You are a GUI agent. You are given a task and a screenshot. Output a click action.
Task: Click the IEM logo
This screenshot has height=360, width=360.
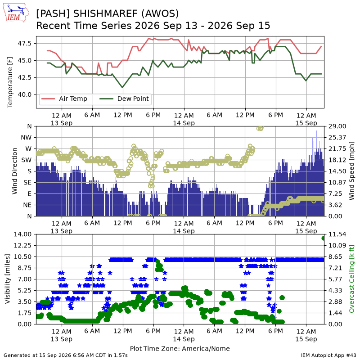16,13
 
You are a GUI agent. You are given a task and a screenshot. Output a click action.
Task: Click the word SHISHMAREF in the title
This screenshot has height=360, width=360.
105,13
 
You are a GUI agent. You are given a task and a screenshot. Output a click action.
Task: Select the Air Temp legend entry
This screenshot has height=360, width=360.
64,99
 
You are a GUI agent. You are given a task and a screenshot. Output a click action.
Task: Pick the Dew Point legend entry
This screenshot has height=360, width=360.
124,99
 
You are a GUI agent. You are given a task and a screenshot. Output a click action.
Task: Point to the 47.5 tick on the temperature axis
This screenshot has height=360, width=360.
25,43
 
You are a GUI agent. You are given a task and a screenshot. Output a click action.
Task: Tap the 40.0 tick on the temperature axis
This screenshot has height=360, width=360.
25,94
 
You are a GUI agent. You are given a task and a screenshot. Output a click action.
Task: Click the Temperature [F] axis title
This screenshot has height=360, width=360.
10,82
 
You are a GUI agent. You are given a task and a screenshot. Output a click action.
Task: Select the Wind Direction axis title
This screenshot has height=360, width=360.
15,171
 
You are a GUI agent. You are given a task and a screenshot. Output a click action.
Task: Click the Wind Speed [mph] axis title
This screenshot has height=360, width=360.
351,171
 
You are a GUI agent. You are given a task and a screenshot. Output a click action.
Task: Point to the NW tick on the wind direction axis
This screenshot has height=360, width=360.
26,138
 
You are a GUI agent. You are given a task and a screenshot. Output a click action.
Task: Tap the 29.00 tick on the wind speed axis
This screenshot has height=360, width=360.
337,126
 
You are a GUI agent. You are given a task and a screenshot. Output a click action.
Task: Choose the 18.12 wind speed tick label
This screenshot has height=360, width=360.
337,160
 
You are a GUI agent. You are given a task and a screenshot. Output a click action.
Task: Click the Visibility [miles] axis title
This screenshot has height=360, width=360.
8,279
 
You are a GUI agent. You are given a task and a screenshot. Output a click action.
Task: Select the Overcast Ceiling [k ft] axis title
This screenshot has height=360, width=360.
351,279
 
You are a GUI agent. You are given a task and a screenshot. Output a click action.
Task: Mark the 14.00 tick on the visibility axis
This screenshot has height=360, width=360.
23,234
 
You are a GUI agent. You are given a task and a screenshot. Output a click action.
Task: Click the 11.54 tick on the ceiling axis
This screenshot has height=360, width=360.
337,234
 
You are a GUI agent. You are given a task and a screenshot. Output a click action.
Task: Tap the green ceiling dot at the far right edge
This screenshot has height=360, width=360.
324,238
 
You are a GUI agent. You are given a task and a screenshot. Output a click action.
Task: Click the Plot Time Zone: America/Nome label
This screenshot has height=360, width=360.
180,348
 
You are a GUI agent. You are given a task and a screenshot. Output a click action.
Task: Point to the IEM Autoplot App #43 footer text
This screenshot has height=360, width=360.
328,355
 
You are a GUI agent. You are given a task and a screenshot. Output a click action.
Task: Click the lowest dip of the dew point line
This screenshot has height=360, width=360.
122,87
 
